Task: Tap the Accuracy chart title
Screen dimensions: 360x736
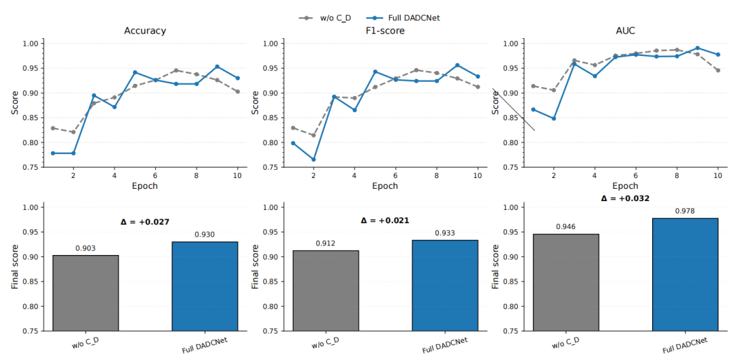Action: point(144,31)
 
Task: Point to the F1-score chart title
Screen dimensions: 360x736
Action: point(385,31)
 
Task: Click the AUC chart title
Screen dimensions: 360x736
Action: point(626,31)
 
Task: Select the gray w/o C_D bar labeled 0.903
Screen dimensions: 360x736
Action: point(85,293)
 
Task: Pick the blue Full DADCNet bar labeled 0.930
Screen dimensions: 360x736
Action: point(205,286)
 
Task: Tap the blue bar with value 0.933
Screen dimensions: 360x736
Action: point(446,286)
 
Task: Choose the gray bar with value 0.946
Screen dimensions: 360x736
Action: point(566,282)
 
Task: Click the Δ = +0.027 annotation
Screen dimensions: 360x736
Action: point(145,222)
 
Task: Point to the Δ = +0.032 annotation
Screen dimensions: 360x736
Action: point(625,198)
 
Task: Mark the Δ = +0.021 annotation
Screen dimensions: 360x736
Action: point(385,220)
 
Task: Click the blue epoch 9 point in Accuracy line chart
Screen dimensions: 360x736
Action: point(217,67)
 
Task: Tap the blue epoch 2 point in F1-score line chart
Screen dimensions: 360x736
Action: point(313,160)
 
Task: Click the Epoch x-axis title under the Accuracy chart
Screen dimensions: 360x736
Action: point(144,185)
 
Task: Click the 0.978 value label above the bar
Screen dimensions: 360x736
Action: point(686,211)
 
